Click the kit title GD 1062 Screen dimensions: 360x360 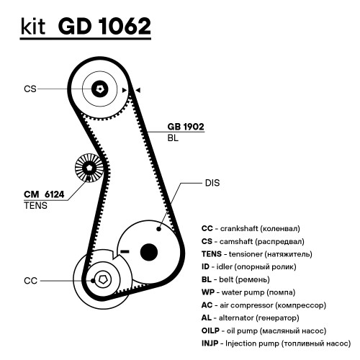[104, 26]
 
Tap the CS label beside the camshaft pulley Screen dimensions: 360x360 [30, 89]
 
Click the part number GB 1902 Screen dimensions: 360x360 [186, 127]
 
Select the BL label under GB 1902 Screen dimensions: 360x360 [173, 138]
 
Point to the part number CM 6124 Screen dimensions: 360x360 [44, 194]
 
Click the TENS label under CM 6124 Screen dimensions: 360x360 [36, 206]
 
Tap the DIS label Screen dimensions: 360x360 [212, 183]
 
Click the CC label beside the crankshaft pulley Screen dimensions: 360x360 [30, 281]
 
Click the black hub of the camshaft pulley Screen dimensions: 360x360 [100, 89]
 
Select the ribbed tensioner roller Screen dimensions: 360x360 [89, 168]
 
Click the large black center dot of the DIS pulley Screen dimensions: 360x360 [149, 252]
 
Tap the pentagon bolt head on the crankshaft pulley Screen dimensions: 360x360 [103, 280]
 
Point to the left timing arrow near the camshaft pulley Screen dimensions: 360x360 [125, 90]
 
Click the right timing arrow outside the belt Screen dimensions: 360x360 [138, 90]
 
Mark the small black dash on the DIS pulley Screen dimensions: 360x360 [125, 251]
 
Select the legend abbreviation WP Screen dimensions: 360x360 [208, 292]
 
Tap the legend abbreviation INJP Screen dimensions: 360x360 [210, 343]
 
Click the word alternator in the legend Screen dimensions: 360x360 [236, 318]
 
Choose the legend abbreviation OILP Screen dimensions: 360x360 [210, 330]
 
